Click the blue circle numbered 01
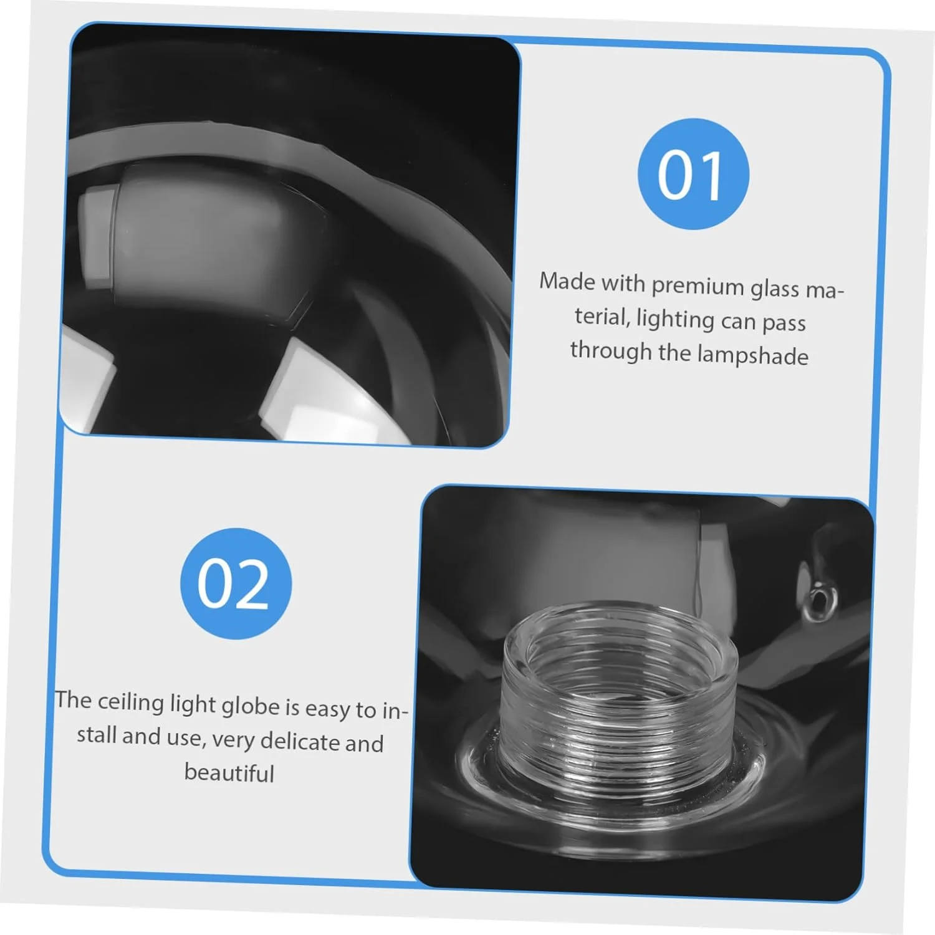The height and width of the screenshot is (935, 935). coord(693,174)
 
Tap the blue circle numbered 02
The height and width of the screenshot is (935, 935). coord(236,583)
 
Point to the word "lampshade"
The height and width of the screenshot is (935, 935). coord(752,355)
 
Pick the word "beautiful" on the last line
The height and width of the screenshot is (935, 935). coord(229,773)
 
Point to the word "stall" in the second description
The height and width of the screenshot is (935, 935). coord(97,735)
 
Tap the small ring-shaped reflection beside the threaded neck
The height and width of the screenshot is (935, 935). coord(818,597)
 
